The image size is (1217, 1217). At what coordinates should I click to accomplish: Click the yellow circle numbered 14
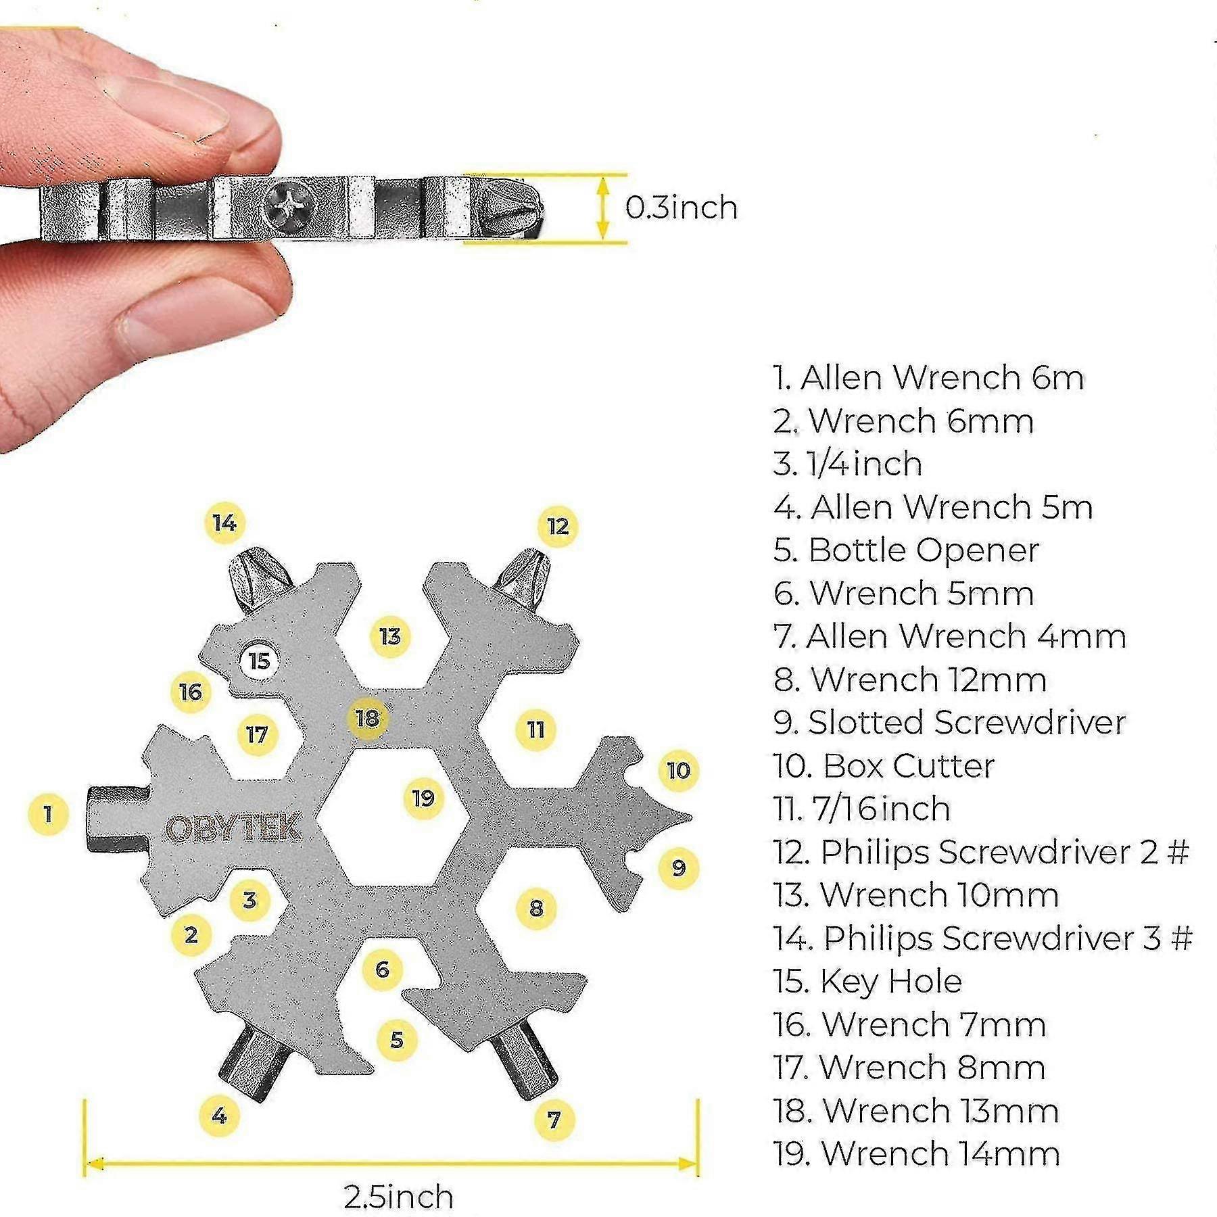[224, 523]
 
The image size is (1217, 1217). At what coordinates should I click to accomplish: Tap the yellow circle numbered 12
[558, 527]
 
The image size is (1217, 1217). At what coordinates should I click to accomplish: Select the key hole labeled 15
[260, 661]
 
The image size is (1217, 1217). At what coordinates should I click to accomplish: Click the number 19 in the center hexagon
[423, 798]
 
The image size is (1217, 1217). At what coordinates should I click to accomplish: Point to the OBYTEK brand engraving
[233, 828]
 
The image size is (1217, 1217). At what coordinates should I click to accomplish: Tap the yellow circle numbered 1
[48, 813]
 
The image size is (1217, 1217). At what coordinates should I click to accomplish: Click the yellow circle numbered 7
[554, 1120]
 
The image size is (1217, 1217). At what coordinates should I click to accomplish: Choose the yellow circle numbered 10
[678, 770]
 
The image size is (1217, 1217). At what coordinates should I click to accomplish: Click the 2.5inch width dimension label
[398, 1196]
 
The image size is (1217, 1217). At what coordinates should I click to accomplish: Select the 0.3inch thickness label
[681, 208]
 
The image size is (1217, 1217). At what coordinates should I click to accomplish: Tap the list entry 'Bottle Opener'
[906, 550]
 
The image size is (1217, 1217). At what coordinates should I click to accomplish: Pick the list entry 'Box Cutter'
[884, 766]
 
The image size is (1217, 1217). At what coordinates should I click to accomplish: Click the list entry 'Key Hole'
[867, 982]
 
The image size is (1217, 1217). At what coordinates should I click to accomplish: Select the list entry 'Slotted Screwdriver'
[949, 723]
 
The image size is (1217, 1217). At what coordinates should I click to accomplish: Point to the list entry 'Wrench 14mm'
[917, 1154]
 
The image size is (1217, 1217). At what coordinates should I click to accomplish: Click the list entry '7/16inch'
[862, 809]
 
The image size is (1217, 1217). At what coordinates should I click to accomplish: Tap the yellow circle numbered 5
[397, 1039]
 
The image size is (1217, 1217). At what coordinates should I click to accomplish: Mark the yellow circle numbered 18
[367, 717]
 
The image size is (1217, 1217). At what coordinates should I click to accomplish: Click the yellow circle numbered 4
[219, 1116]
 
